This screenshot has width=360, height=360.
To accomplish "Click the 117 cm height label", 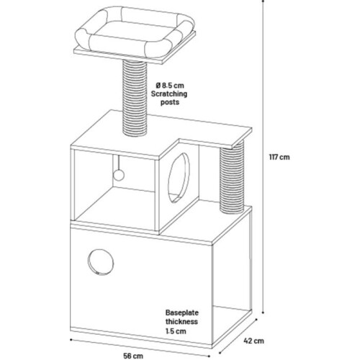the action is [279, 157].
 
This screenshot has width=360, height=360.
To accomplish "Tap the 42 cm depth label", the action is [253, 341].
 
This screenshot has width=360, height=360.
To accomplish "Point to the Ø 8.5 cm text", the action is [170, 86].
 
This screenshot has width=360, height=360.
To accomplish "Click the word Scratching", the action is [169, 94].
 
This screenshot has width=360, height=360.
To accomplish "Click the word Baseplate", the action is [182, 312].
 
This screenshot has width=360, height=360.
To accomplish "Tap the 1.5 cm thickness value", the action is [176, 331].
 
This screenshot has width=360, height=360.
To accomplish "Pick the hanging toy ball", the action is [118, 175].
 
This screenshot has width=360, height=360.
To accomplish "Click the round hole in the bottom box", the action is [101, 262].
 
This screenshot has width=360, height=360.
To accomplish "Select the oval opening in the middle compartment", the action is [179, 178].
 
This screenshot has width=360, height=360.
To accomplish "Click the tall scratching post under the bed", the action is [135, 98].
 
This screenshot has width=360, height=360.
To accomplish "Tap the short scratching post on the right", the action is [232, 177].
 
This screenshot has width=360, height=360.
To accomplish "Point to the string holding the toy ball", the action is [118, 162].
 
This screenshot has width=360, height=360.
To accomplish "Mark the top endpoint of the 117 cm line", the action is [263, 1].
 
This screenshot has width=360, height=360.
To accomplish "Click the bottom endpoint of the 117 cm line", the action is [263, 312].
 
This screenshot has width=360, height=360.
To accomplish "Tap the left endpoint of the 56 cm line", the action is [71, 339].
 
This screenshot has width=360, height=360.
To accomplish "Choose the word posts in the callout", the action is [170, 102].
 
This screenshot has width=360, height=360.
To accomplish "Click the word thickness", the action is [181, 322].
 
